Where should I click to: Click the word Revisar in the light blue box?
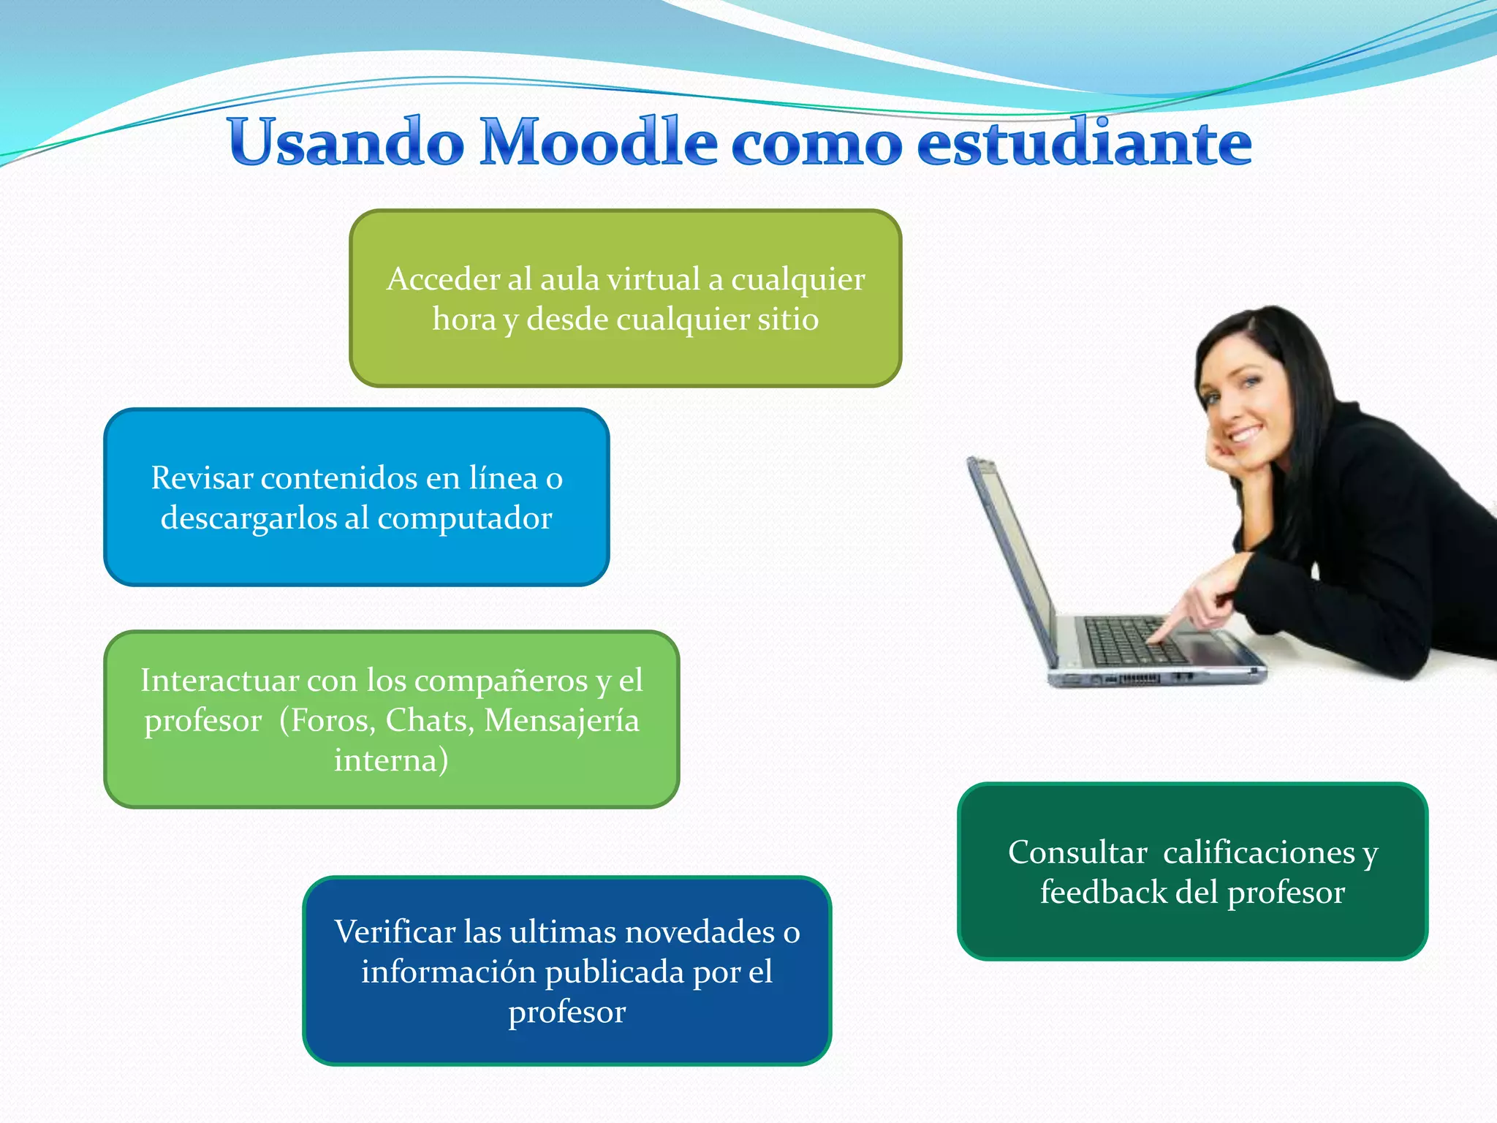point(201,478)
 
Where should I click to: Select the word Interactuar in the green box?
point(219,681)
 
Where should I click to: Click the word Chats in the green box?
point(429,720)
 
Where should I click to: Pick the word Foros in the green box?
point(333,720)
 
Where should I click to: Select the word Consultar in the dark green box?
point(1077,852)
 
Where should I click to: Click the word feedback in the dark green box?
point(1103,893)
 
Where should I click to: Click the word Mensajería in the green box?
point(561,720)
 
